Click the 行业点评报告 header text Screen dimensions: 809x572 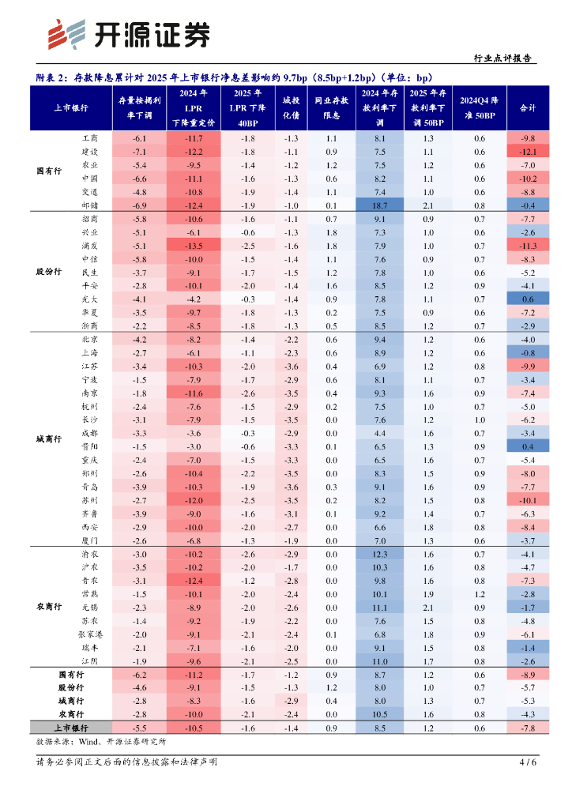(x=502, y=58)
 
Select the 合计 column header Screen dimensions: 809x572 (x=528, y=107)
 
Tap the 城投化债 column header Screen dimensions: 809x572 (x=290, y=107)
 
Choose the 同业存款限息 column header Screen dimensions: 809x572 (x=331, y=107)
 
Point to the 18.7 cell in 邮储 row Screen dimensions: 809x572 (x=380, y=205)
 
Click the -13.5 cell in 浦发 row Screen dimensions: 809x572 (x=194, y=246)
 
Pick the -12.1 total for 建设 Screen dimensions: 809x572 (x=528, y=152)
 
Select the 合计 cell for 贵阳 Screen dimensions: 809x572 (x=528, y=446)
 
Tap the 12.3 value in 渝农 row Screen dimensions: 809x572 (x=380, y=554)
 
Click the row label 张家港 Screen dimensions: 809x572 (x=89, y=634)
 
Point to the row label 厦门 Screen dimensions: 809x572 (x=89, y=540)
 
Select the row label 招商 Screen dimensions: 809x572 (x=89, y=219)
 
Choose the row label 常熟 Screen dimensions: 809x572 (x=89, y=594)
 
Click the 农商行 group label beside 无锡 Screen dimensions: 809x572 (x=49, y=608)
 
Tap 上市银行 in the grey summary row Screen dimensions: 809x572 (x=71, y=728)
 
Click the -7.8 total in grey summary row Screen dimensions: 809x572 (x=528, y=728)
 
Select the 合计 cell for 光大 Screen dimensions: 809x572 (x=528, y=299)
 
